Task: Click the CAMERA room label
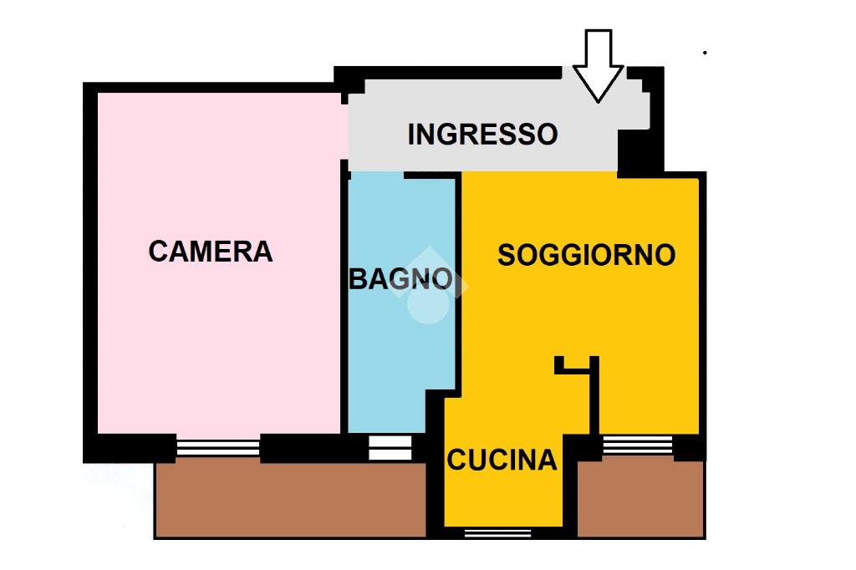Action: (x=211, y=251)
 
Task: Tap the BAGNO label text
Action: (x=400, y=278)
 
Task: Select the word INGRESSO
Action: (x=482, y=134)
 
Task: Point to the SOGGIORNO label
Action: (x=586, y=255)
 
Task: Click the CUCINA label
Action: (x=502, y=460)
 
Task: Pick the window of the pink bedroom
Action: (x=218, y=448)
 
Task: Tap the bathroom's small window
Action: (x=390, y=448)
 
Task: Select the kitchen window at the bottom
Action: (x=498, y=532)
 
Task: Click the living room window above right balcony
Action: (x=637, y=445)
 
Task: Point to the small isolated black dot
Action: (x=705, y=53)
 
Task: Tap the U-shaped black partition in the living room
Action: (x=578, y=366)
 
